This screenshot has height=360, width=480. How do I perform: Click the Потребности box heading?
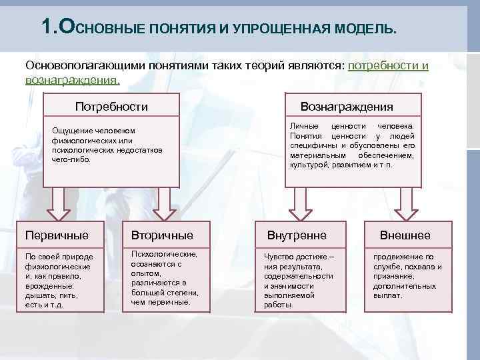[111, 107]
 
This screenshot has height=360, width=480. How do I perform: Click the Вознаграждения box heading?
[347, 107]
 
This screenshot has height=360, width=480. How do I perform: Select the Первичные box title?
[57, 235]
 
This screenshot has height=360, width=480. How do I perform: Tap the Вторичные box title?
[163, 235]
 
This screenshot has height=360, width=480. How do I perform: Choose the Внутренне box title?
[297, 235]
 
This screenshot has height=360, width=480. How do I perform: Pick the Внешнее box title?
[405, 235]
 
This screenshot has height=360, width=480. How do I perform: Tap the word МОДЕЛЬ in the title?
[366, 30]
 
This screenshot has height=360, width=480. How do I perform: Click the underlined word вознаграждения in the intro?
[72, 80]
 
